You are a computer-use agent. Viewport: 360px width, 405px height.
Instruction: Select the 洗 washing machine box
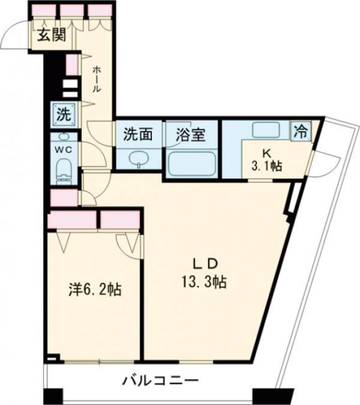tap(63, 115)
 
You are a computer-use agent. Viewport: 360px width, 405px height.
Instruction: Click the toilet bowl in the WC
tap(63, 170)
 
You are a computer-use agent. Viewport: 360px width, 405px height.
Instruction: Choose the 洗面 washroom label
tap(138, 134)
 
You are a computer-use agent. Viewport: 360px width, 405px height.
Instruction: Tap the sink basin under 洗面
tap(138, 159)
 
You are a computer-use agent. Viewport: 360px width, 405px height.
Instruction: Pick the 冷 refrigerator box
tap(301, 131)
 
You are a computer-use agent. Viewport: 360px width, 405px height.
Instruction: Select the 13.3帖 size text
tap(206, 281)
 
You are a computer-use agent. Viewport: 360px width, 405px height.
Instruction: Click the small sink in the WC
tap(63, 137)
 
